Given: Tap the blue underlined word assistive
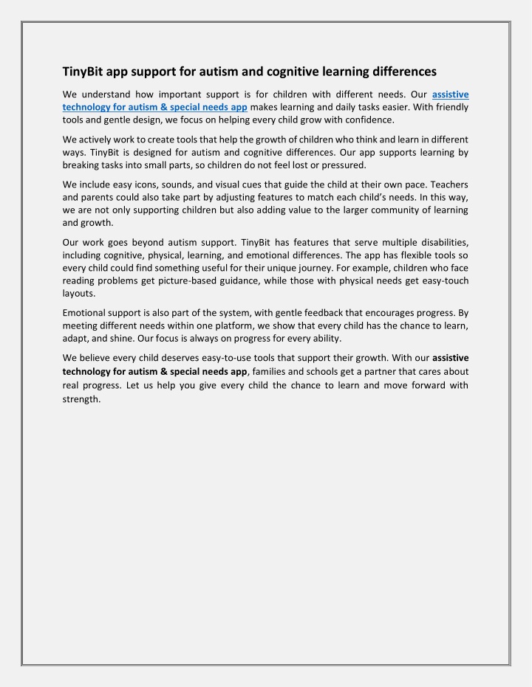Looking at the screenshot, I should pos(450,94).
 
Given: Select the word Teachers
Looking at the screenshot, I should pos(446,184).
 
